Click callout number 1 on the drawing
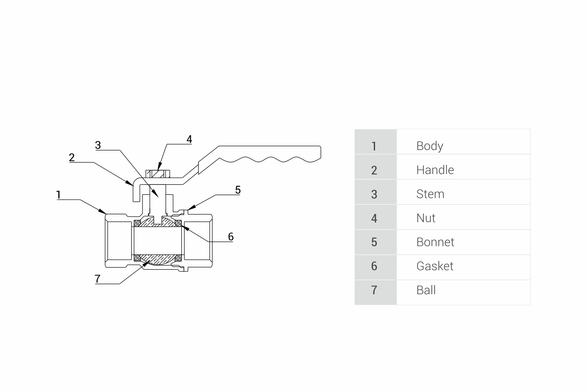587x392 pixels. coord(59,194)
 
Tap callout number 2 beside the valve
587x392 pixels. coord(72,157)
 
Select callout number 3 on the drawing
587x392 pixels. coord(98,145)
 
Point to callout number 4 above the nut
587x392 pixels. coord(189,139)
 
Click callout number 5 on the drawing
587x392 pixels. coord(238,190)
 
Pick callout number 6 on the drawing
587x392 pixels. coord(231,237)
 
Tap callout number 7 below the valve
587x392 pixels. coord(98,278)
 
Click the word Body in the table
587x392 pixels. coord(429,146)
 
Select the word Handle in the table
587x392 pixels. coord(435,170)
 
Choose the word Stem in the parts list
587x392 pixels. coord(430,194)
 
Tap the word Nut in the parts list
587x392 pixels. coord(426,218)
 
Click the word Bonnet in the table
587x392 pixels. coord(435,242)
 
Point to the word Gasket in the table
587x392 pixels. coord(435,266)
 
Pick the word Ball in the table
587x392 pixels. coord(426,290)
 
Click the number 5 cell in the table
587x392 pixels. coord(374,242)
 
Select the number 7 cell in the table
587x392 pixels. coord(374,290)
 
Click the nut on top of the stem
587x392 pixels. coord(158,174)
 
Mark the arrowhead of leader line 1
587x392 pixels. coord(104,212)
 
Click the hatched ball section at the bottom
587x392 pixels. coord(158,260)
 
